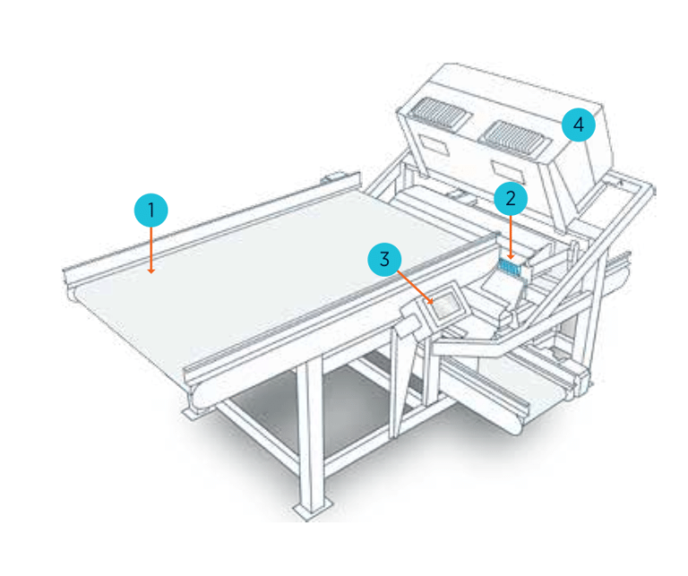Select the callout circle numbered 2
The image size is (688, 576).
511,197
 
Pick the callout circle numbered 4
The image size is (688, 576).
578,125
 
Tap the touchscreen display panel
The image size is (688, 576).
446,302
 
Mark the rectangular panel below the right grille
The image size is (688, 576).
506,169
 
